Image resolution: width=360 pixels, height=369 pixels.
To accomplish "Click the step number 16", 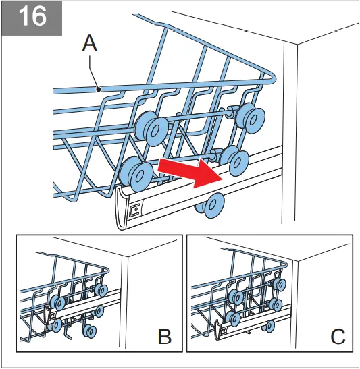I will [31, 16].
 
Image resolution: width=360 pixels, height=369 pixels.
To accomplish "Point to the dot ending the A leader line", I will [99, 88].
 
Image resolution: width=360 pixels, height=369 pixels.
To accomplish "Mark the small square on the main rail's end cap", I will [135, 210].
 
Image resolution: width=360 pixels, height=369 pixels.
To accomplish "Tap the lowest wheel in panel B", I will [87, 330].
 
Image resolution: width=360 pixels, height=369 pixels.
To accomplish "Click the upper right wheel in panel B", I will [101, 289].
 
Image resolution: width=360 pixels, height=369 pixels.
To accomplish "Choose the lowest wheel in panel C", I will [269, 327].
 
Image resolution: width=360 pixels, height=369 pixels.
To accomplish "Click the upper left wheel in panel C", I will [236, 295].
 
